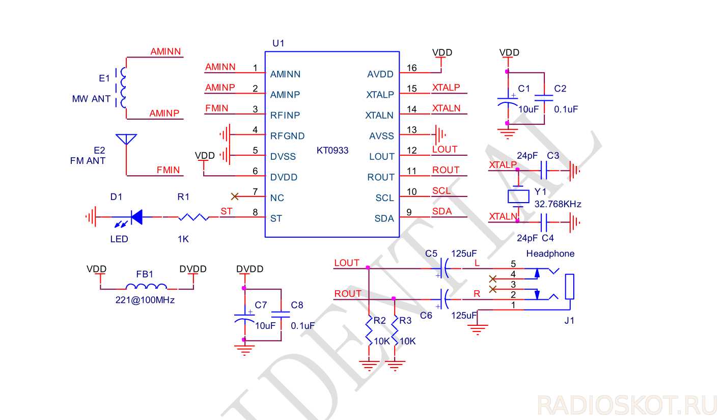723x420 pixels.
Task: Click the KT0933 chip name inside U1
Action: [332, 151]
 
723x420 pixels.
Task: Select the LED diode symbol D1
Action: [135, 218]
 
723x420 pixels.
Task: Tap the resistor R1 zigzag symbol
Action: [193, 217]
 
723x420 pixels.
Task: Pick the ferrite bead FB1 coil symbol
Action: [146, 287]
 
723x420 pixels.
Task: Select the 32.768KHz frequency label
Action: [558, 204]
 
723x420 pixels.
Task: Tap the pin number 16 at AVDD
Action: [411, 68]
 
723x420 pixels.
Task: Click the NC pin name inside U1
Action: [277, 198]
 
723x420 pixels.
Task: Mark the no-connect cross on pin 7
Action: [235, 196]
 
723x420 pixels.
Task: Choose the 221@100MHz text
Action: [145, 300]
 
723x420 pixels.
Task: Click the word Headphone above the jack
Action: [550, 254]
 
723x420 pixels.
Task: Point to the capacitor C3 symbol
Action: [544, 171]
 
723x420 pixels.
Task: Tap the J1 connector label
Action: [569, 321]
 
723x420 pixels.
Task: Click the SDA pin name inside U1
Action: [384, 218]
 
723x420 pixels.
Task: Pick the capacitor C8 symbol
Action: [280, 315]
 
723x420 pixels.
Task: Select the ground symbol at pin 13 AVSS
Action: [439, 135]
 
